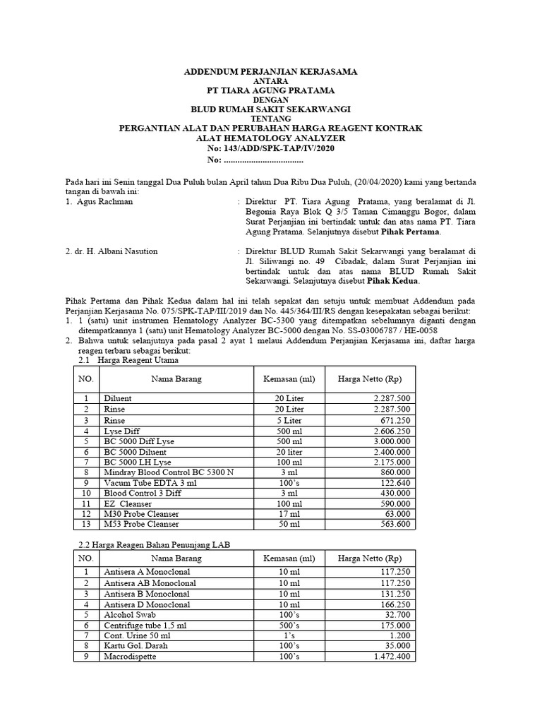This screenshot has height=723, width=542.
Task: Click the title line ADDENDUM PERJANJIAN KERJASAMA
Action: click(270, 72)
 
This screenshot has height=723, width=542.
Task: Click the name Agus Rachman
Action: click(104, 202)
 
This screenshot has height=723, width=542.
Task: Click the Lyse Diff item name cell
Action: click(121, 431)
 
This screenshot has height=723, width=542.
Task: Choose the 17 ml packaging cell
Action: click(289, 514)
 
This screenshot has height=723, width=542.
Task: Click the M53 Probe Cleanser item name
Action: click(140, 525)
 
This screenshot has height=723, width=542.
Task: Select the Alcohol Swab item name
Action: click(127, 614)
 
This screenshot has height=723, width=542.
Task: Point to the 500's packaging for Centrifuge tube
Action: click(289, 625)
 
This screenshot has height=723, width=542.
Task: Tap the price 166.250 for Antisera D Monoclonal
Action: click(397, 604)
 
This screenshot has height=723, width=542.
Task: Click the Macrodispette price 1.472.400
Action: click(392, 656)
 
